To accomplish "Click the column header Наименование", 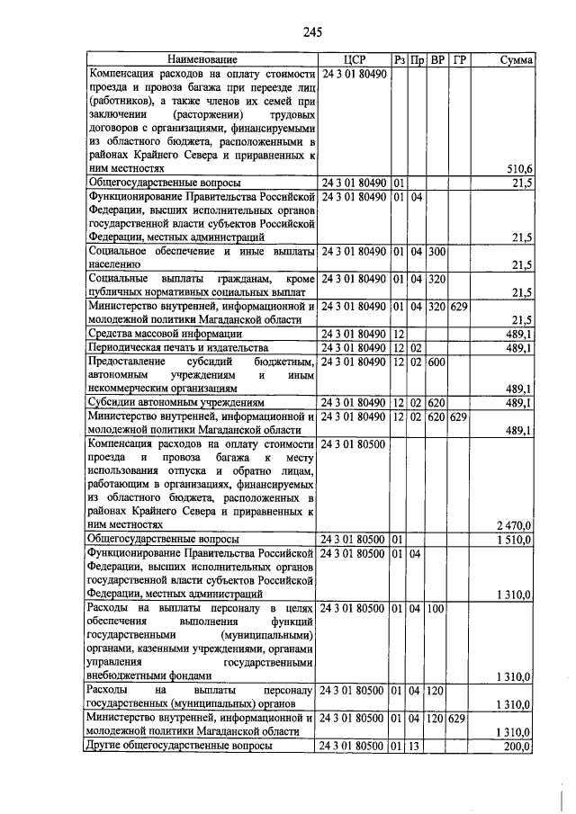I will click(x=203, y=59).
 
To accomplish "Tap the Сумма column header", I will click(x=517, y=59).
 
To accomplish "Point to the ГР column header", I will click(x=459, y=59).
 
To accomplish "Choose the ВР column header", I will click(x=437, y=59).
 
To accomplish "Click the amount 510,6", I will click(x=520, y=168).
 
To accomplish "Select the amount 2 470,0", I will click(x=514, y=524).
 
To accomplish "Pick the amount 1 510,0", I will click(x=514, y=539).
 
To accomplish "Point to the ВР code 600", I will click(x=437, y=361).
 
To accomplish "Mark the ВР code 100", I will click(x=437, y=610).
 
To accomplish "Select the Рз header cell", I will click(x=400, y=59).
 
